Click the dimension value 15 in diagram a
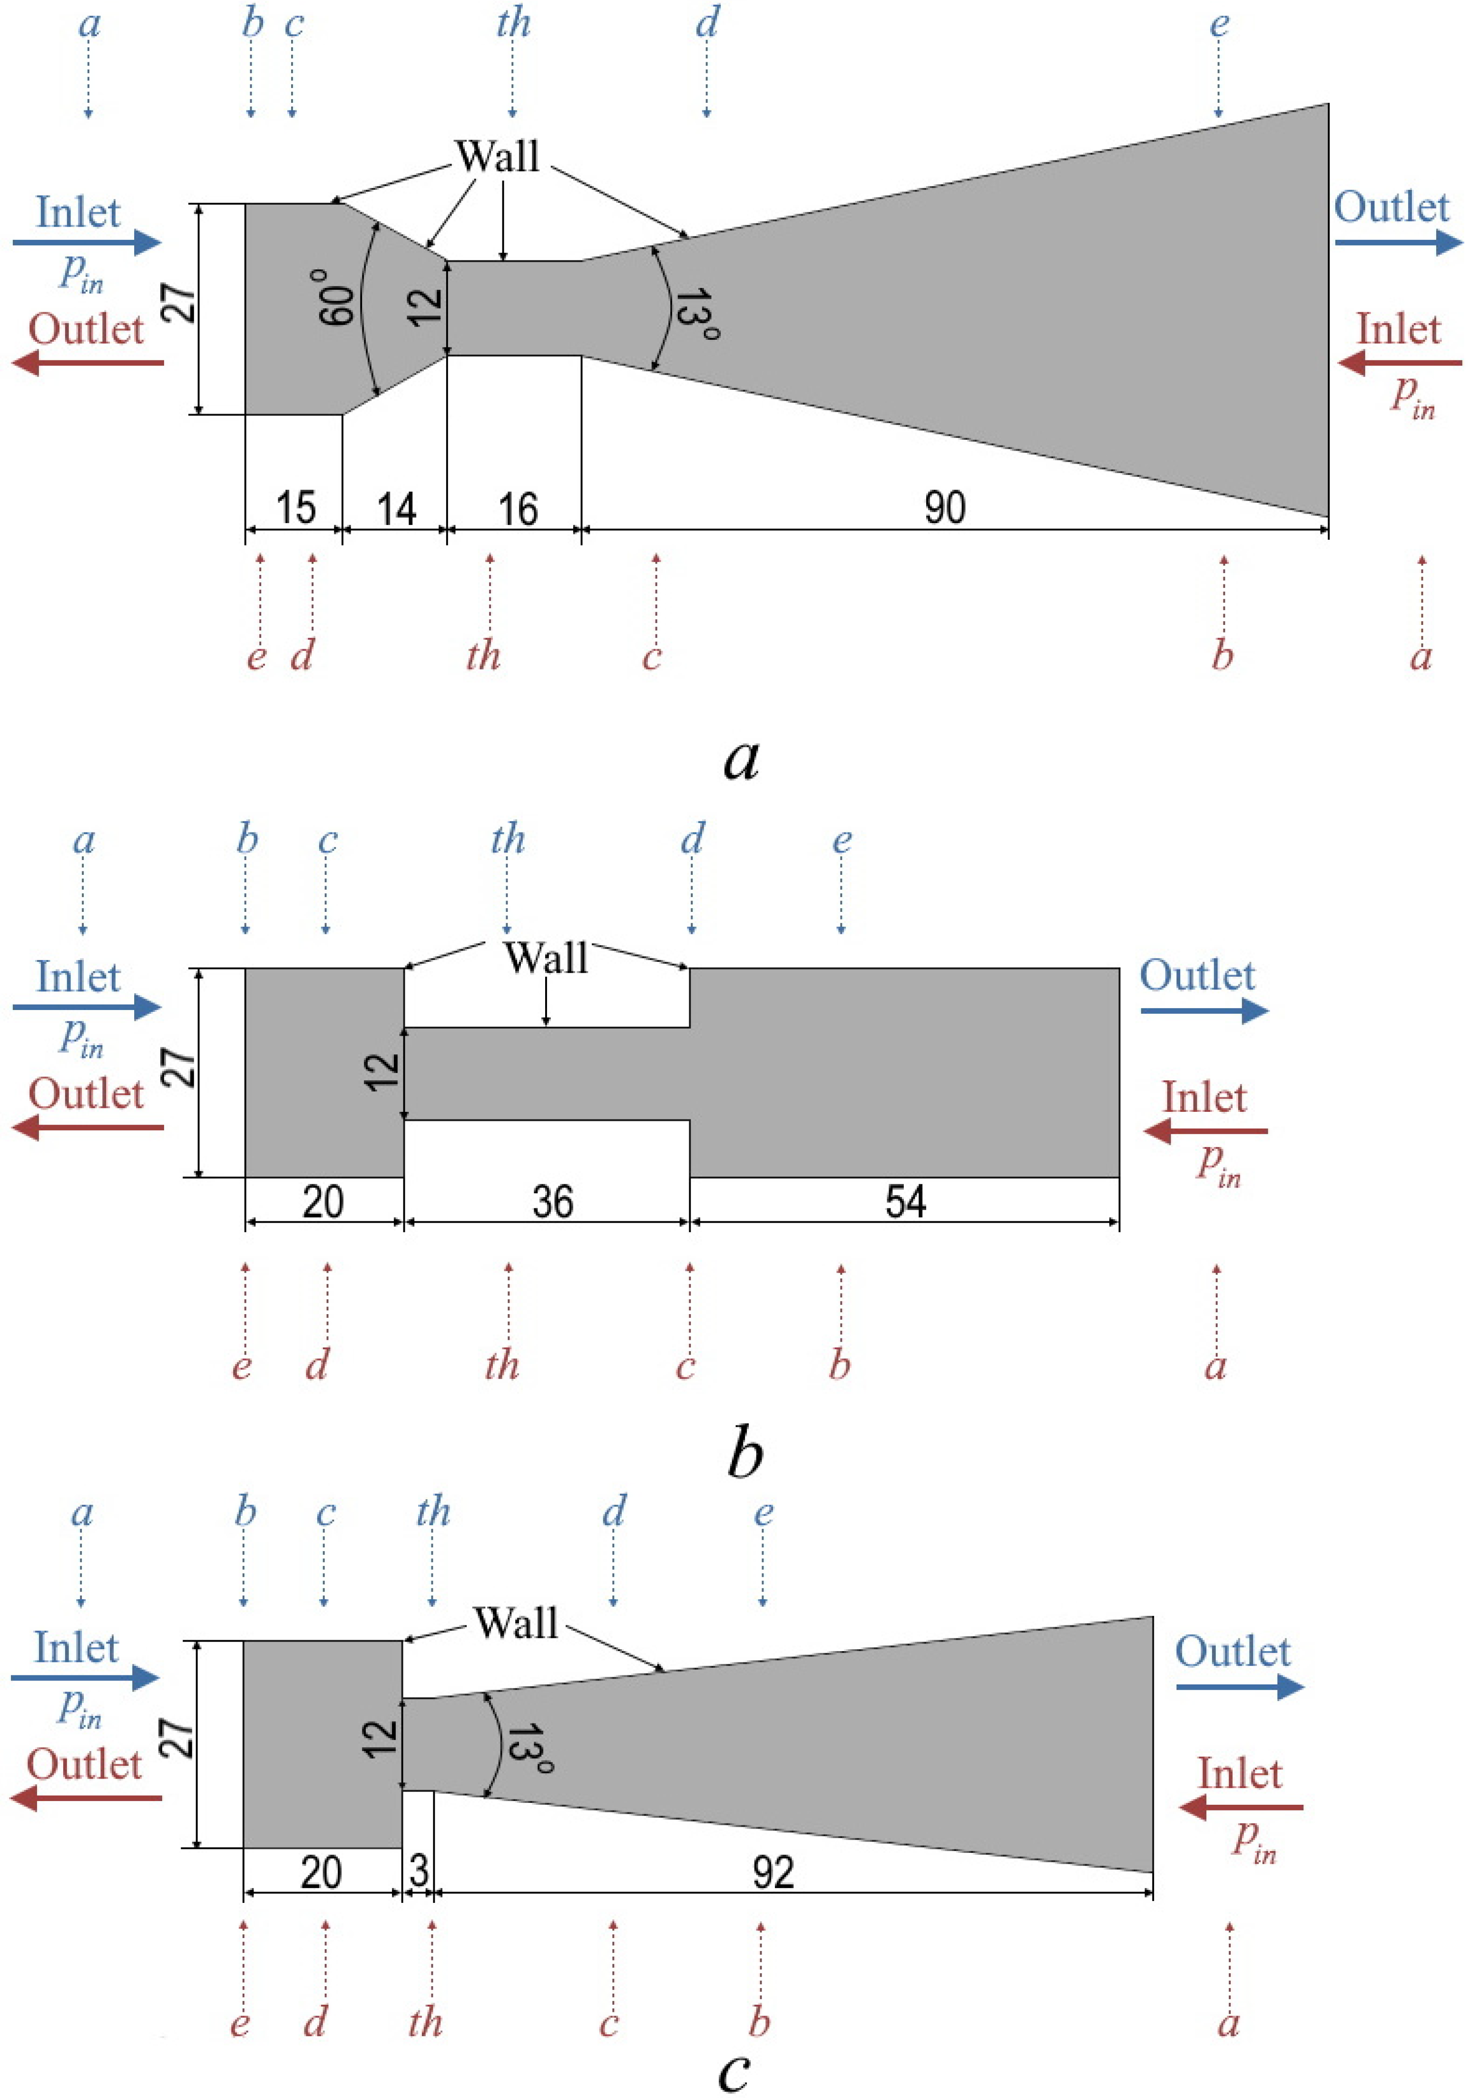(295, 507)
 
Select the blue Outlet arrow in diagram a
(1398, 242)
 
